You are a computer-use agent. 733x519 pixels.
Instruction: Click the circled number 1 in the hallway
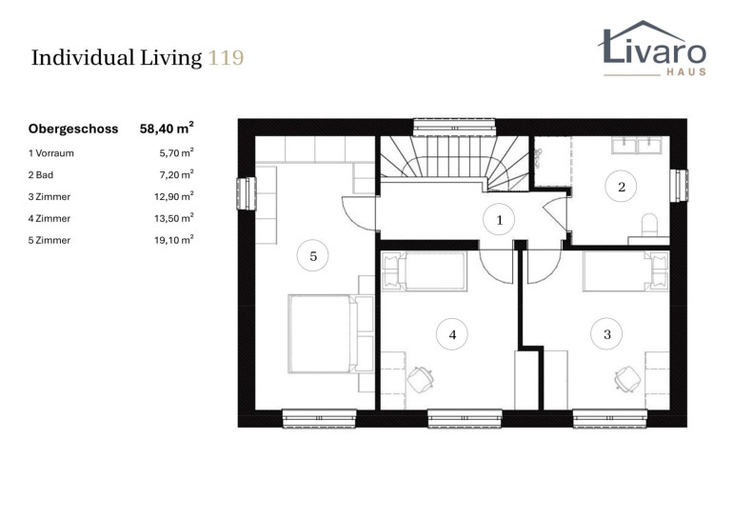[499, 220]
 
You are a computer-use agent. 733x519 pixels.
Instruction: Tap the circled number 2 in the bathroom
[622, 187]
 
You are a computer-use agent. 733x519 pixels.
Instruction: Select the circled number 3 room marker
[606, 334]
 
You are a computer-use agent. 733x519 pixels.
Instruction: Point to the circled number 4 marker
[452, 334]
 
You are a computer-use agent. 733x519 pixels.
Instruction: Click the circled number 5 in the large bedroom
[313, 256]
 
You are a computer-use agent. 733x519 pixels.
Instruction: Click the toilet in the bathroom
[649, 226]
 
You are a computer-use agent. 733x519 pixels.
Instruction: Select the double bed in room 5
[330, 333]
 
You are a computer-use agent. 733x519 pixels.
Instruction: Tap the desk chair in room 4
[420, 379]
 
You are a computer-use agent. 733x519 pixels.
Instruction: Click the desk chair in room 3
[627, 378]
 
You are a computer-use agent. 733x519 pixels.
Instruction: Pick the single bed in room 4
[425, 271]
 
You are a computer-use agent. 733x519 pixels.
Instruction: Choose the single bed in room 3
[625, 271]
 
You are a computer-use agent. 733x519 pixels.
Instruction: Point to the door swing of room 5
[359, 212]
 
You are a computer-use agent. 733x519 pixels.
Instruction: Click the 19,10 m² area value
[174, 240]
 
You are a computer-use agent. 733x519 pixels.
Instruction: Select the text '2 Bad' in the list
[41, 175]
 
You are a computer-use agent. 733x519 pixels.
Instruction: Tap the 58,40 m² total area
[167, 129]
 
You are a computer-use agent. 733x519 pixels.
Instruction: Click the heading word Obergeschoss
[73, 130]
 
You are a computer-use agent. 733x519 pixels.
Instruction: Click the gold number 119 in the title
[226, 58]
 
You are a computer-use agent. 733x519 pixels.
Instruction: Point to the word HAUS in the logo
[685, 72]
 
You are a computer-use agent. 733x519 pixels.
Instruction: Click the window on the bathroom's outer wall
[679, 186]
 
